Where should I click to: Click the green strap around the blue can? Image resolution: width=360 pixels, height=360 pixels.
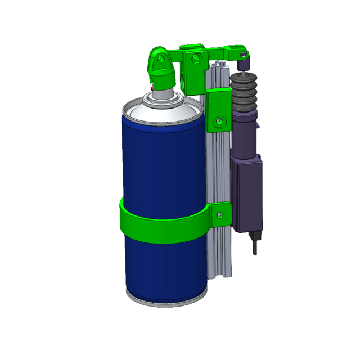(x=163, y=225)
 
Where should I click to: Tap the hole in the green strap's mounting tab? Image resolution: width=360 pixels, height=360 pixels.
(x=220, y=214)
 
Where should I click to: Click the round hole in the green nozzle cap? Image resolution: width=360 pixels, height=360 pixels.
(x=159, y=57)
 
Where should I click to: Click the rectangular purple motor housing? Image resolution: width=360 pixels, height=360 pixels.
(x=247, y=194)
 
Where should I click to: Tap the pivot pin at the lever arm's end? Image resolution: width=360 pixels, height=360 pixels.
(x=243, y=55)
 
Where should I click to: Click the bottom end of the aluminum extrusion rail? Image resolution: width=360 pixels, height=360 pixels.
(x=219, y=273)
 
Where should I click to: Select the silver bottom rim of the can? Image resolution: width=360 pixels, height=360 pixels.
(x=166, y=301)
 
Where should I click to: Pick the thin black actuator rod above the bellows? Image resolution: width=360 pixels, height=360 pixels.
(x=244, y=67)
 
